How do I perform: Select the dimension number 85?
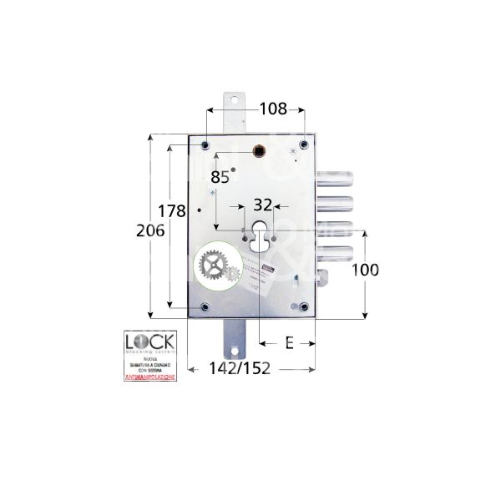tap(220, 177)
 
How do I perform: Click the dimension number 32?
tap(262, 205)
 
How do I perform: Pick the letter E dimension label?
tap(288, 342)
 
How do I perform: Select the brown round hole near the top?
tap(260, 151)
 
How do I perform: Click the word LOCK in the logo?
tap(149, 343)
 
